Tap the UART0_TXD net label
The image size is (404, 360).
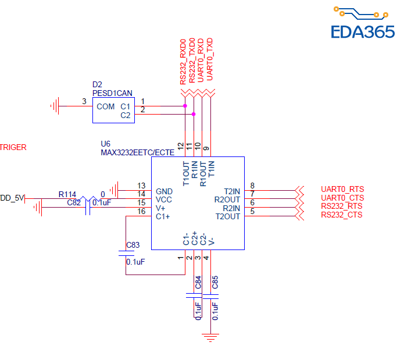[210, 59]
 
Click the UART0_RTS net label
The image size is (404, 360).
[342, 190]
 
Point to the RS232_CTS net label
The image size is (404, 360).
[342, 215]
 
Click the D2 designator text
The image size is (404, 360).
[97, 85]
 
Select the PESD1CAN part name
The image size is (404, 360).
[112, 93]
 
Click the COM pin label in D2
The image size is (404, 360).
[106, 106]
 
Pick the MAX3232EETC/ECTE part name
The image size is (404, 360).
[137, 152]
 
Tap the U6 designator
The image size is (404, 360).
[106, 143]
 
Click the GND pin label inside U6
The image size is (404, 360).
[165, 191]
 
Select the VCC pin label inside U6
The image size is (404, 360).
[164, 199]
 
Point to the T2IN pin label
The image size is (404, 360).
[231, 191]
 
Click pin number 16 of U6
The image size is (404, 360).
[141, 212]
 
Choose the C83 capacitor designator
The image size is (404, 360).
[133, 245]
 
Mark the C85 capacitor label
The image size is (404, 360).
[215, 283]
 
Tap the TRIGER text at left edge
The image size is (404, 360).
[13, 147]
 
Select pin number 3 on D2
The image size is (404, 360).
[84, 102]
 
